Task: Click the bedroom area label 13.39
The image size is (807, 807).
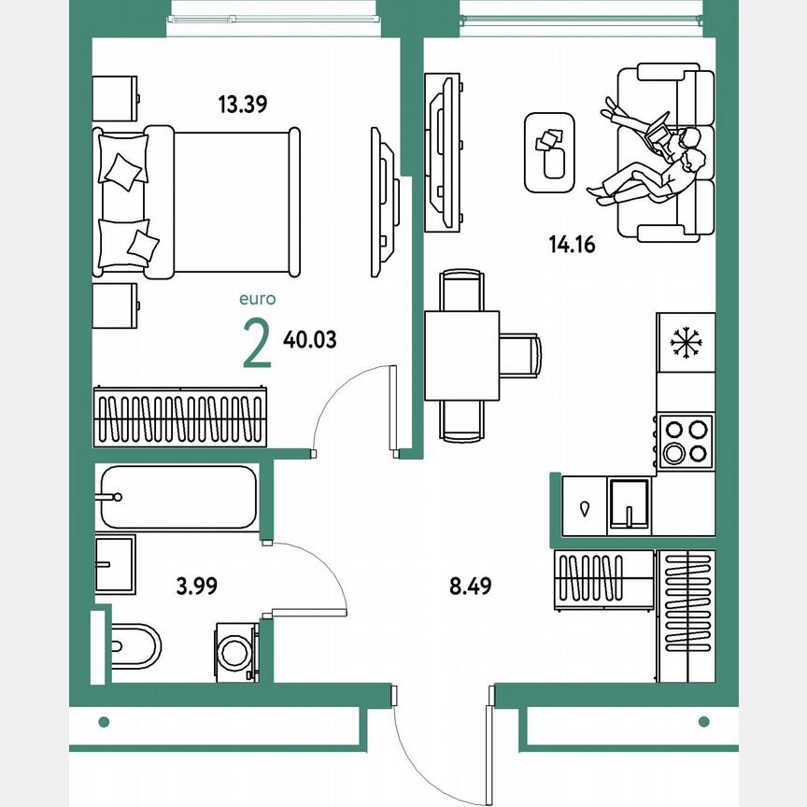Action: [x=243, y=105]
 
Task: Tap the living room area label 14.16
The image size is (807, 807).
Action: [x=572, y=246]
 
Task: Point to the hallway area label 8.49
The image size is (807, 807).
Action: [x=470, y=587]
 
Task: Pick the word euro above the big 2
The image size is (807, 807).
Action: [x=257, y=300]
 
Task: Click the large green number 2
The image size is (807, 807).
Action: [x=257, y=344]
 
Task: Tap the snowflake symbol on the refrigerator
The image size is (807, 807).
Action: [x=686, y=344]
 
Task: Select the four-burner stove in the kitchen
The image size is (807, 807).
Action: [x=686, y=442]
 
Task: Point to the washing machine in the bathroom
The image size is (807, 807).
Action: [x=236, y=651]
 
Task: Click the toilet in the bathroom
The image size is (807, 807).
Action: [x=135, y=644]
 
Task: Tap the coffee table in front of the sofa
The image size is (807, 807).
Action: [x=549, y=152]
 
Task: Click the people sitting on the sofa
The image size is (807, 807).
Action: [x=654, y=159]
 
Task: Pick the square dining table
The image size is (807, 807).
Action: [x=461, y=355]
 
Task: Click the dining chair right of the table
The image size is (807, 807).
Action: [x=520, y=355]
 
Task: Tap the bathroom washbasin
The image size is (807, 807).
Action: [x=116, y=564]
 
